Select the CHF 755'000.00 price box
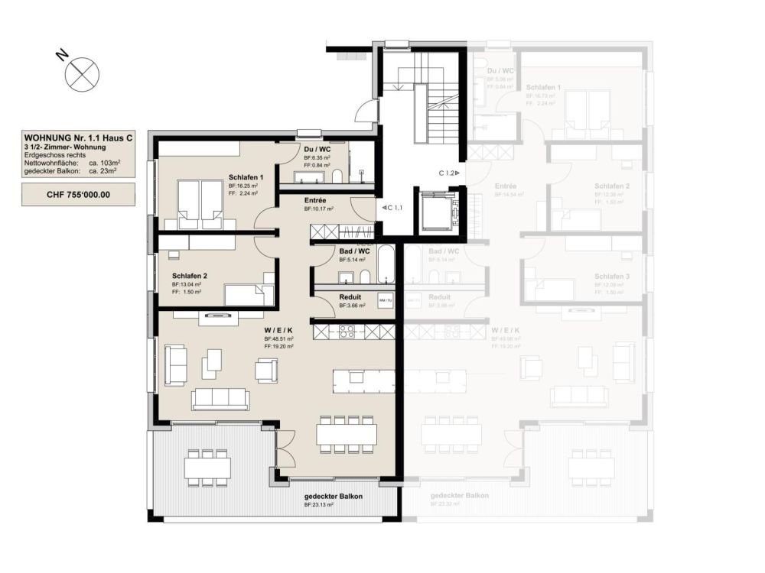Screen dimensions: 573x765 [x=78, y=194]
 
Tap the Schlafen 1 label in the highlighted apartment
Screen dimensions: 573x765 [x=246, y=177]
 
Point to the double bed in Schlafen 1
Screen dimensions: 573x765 [x=200, y=205]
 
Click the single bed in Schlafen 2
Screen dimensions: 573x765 [x=249, y=294]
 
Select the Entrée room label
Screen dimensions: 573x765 [x=315, y=200]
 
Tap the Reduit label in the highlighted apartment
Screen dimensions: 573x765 [x=350, y=297]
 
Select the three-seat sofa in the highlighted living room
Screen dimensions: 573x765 [x=220, y=398]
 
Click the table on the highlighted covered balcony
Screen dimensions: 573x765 [x=207, y=465]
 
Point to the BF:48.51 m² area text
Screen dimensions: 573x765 [x=278, y=338]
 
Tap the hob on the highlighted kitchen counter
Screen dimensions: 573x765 [x=346, y=332]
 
